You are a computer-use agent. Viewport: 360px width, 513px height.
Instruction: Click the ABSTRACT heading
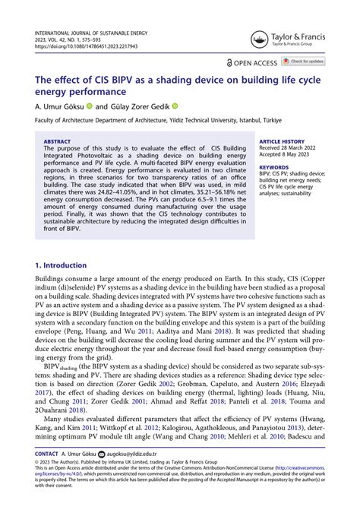click(57, 141)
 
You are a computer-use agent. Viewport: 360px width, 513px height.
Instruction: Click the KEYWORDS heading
click(273, 166)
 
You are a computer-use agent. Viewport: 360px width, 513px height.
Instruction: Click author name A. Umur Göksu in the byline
click(61, 106)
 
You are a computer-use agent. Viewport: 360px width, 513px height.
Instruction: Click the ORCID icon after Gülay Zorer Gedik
click(195, 106)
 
